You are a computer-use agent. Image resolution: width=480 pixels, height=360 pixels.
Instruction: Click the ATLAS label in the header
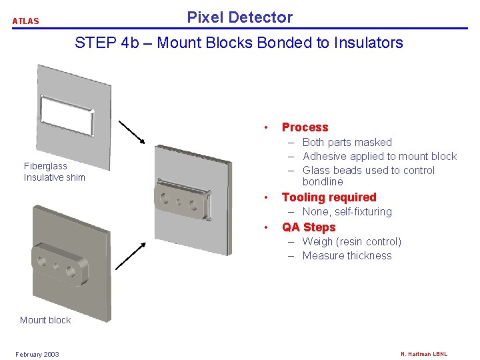(25, 21)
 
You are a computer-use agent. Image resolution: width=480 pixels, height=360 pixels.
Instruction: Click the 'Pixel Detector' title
(239, 17)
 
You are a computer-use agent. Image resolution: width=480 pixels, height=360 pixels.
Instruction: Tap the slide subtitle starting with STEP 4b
(239, 43)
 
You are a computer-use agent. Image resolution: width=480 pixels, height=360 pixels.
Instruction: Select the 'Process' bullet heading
(305, 127)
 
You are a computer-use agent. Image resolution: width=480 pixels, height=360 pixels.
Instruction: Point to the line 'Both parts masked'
(347, 142)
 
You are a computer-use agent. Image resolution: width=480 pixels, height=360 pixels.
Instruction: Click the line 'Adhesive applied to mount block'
(379, 156)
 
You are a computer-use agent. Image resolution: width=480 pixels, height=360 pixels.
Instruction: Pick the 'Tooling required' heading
(329, 197)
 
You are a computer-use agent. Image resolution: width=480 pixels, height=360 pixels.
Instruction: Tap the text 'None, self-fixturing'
(347, 211)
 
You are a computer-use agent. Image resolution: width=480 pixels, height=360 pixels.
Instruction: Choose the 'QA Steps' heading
(309, 227)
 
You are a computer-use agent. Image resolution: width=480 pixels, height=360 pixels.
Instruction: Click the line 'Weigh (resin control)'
(351, 241)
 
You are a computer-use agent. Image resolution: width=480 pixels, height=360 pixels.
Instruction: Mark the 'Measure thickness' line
(347, 255)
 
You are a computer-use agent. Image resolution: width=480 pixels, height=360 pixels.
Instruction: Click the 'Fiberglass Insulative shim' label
(55, 171)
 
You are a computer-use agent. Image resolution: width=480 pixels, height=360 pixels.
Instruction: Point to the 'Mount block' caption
(45, 320)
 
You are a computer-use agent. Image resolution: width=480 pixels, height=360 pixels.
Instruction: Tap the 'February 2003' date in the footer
(37, 354)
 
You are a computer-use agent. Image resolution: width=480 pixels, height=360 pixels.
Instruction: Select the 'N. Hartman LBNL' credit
(424, 354)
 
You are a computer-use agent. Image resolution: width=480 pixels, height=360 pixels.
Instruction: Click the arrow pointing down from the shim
(132, 132)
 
